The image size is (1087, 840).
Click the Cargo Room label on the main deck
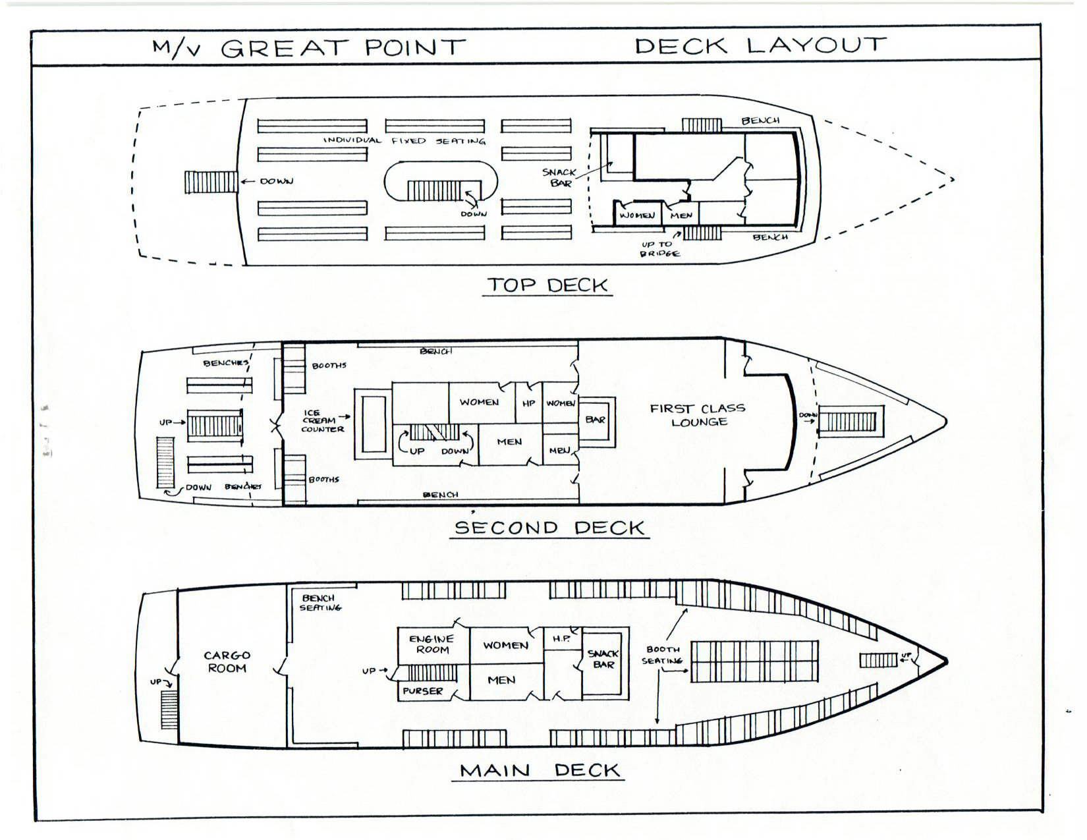coord(227,661)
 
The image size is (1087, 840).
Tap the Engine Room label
coord(432,644)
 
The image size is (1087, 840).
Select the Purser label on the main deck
coord(423,691)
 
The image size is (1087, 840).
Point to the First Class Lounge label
coord(698,415)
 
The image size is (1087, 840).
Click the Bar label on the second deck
coord(596,420)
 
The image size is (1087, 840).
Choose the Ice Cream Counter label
coord(322,421)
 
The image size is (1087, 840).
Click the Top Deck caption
coord(547,285)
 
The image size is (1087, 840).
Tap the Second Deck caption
coord(549,528)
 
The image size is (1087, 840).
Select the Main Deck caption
coord(540,770)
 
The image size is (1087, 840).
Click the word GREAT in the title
coord(284,48)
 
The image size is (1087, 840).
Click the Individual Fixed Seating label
coord(404,140)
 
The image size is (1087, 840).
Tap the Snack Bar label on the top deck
coord(559,177)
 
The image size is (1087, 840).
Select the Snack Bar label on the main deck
coord(603,659)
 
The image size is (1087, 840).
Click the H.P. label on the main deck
coord(561,638)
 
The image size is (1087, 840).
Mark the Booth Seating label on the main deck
coord(663,655)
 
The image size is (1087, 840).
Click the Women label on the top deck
coord(636,215)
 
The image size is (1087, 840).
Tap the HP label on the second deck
coord(528,403)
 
